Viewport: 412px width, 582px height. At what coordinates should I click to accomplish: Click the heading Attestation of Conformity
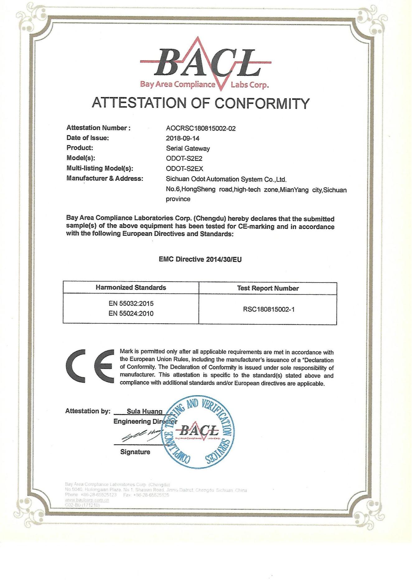[201, 103]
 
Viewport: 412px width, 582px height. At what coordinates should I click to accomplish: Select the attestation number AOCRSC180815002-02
[201, 128]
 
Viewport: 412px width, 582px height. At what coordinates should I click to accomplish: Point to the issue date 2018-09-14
[183, 138]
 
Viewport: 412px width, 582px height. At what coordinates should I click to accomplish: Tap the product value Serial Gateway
[188, 148]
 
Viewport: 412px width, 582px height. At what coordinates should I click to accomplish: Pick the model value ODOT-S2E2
[184, 158]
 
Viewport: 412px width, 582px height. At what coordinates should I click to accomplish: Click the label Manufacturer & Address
[105, 179]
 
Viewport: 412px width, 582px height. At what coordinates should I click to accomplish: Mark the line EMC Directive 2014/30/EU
[200, 259]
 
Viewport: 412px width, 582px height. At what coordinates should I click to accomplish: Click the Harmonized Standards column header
[131, 287]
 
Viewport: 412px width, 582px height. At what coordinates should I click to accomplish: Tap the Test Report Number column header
[268, 288]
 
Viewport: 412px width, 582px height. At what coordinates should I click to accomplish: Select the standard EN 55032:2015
[131, 303]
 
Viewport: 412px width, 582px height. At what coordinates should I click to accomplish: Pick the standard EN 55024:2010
[131, 314]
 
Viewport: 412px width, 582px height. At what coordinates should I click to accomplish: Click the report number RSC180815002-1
[269, 309]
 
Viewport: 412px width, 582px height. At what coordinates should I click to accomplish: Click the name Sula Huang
[144, 411]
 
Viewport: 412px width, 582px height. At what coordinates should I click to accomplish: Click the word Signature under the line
[135, 452]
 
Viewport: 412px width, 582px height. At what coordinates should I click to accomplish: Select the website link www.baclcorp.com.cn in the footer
[87, 500]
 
